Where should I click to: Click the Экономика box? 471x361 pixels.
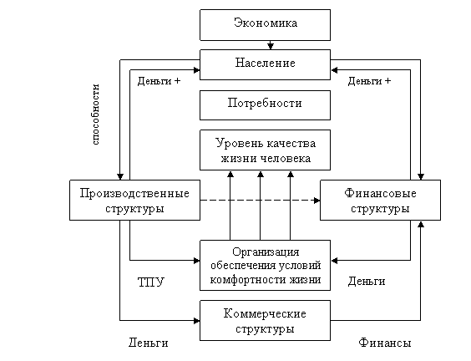click(x=266, y=25)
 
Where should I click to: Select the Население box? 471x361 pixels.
click(x=266, y=64)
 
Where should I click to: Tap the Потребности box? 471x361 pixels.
click(x=266, y=105)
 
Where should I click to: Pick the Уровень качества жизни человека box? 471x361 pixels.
click(x=266, y=150)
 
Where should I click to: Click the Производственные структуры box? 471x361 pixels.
click(x=135, y=201)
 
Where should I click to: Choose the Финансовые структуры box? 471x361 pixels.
click(x=380, y=201)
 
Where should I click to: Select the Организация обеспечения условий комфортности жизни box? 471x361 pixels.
click(x=266, y=265)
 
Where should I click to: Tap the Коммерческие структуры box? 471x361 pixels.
click(x=266, y=320)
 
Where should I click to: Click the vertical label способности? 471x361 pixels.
click(x=96, y=114)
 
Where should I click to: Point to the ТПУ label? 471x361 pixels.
click(x=151, y=282)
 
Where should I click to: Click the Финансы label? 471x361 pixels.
click(x=385, y=343)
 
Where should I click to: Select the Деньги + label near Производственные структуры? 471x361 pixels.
click(x=159, y=81)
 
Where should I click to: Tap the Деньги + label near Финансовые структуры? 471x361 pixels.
click(x=369, y=81)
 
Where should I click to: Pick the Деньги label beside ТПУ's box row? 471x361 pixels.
click(x=367, y=282)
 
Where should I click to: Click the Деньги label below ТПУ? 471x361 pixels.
click(x=149, y=343)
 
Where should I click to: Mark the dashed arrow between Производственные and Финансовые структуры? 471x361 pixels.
click(x=260, y=201)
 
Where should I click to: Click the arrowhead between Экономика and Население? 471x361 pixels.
click(x=271, y=46)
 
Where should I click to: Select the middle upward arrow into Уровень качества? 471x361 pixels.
click(x=261, y=206)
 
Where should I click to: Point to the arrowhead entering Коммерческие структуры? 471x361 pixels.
click(x=197, y=321)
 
